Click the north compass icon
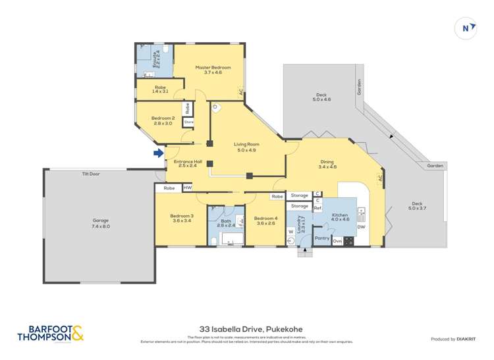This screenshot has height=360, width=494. (x=467, y=28)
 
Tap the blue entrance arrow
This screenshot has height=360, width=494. (x=158, y=153)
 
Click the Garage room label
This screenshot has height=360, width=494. (x=100, y=223)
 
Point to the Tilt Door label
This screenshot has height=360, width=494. (x=91, y=174)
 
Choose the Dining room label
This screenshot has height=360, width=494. (x=327, y=164)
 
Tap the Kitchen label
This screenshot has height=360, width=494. (x=340, y=218)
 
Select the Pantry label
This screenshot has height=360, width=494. (x=322, y=238)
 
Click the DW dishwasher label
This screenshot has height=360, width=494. (x=361, y=228)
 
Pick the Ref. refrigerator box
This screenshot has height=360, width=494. (x=317, y=208)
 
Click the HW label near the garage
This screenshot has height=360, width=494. (x=188, y=188)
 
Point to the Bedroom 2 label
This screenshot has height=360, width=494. (x=163, y=120)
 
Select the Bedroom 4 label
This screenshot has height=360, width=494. (x=265, y=221)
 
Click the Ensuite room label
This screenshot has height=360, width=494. (x=155, y=58)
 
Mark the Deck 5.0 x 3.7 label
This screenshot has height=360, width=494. (x=419, y=206)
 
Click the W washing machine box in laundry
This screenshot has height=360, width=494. (x=290, y=232)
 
